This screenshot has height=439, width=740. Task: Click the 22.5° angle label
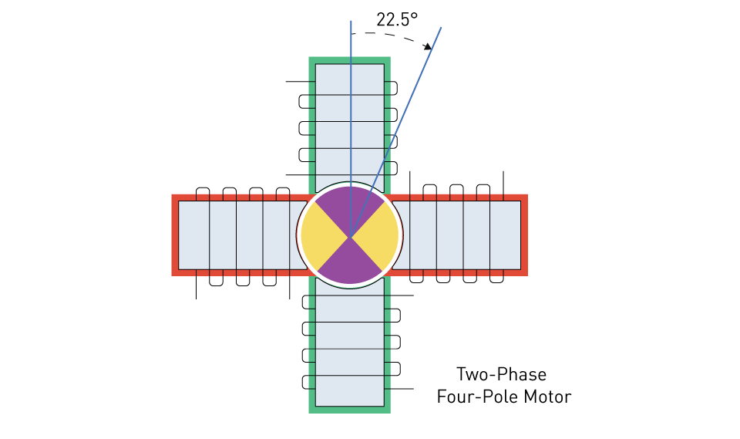[397, 19]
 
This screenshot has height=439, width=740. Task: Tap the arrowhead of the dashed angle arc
[428, 46]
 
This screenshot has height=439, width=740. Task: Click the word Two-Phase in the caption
[501, 374]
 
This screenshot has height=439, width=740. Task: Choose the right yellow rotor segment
[377, 235]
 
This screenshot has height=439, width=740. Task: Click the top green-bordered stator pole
[350, 123]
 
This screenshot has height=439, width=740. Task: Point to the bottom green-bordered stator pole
[350, 345]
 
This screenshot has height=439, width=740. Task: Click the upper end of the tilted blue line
[441, 28]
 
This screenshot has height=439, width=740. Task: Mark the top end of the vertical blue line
[351, 22]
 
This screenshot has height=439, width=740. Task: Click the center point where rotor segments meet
[350, 236]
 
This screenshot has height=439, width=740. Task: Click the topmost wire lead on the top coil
[301, 82]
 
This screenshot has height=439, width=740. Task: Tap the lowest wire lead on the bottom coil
[399, 389]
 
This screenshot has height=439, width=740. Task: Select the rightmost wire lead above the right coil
[503, 186]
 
